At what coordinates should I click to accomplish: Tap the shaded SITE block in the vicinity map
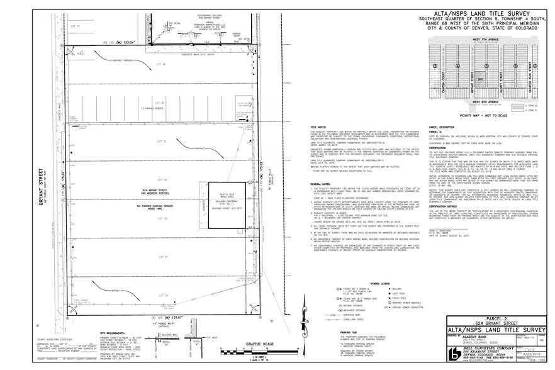coord(481,79)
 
